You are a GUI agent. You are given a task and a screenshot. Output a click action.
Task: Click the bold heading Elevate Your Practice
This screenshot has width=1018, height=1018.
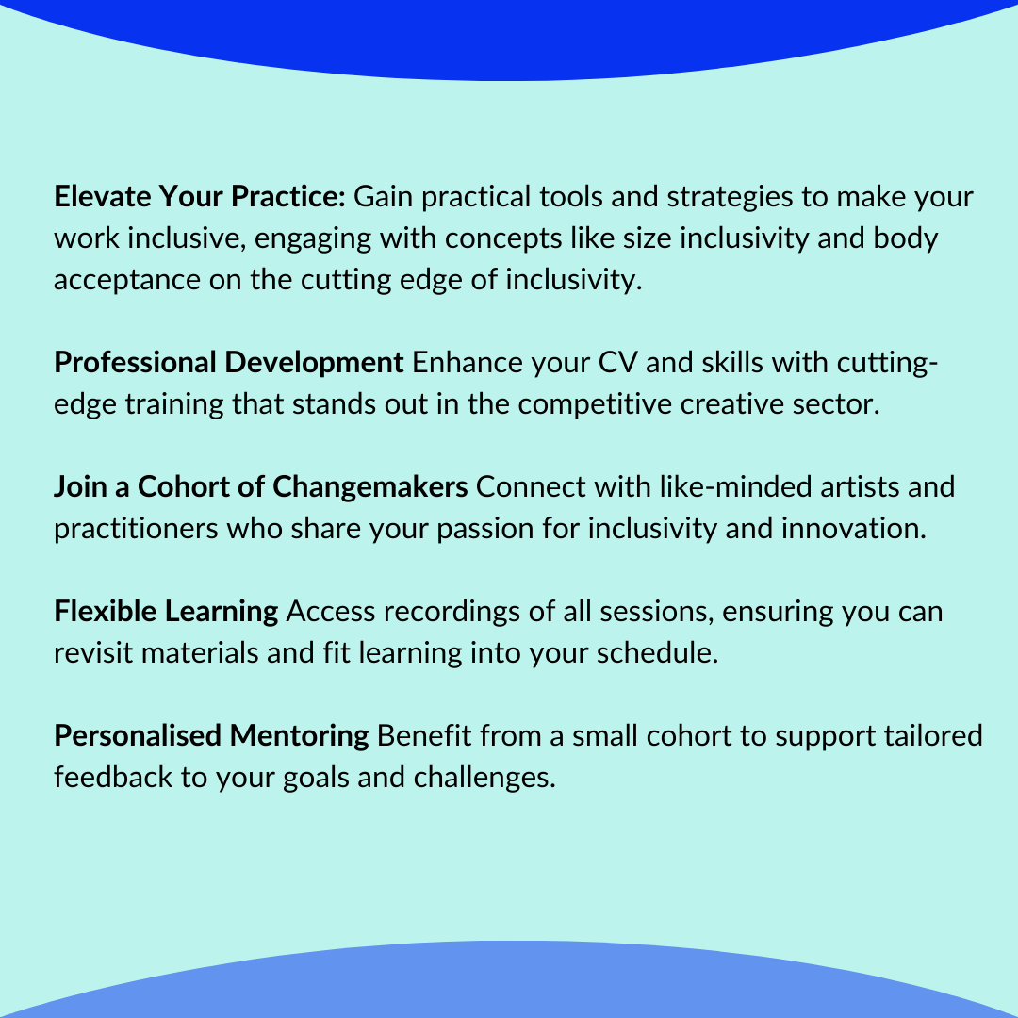point(201,198)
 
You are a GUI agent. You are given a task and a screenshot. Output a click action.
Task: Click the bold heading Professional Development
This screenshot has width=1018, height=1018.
point(229,362)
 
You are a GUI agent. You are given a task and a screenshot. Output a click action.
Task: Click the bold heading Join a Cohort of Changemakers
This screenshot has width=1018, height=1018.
point(261,486)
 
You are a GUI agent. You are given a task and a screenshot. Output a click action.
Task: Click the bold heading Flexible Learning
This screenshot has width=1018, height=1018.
point(166,611)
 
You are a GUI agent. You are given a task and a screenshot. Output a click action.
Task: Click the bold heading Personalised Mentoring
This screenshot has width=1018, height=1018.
point(211,735)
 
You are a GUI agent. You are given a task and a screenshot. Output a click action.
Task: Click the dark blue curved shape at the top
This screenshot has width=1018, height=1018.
point(509,38)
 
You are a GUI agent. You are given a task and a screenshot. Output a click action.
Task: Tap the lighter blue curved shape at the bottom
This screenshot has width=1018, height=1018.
point(509,985)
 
